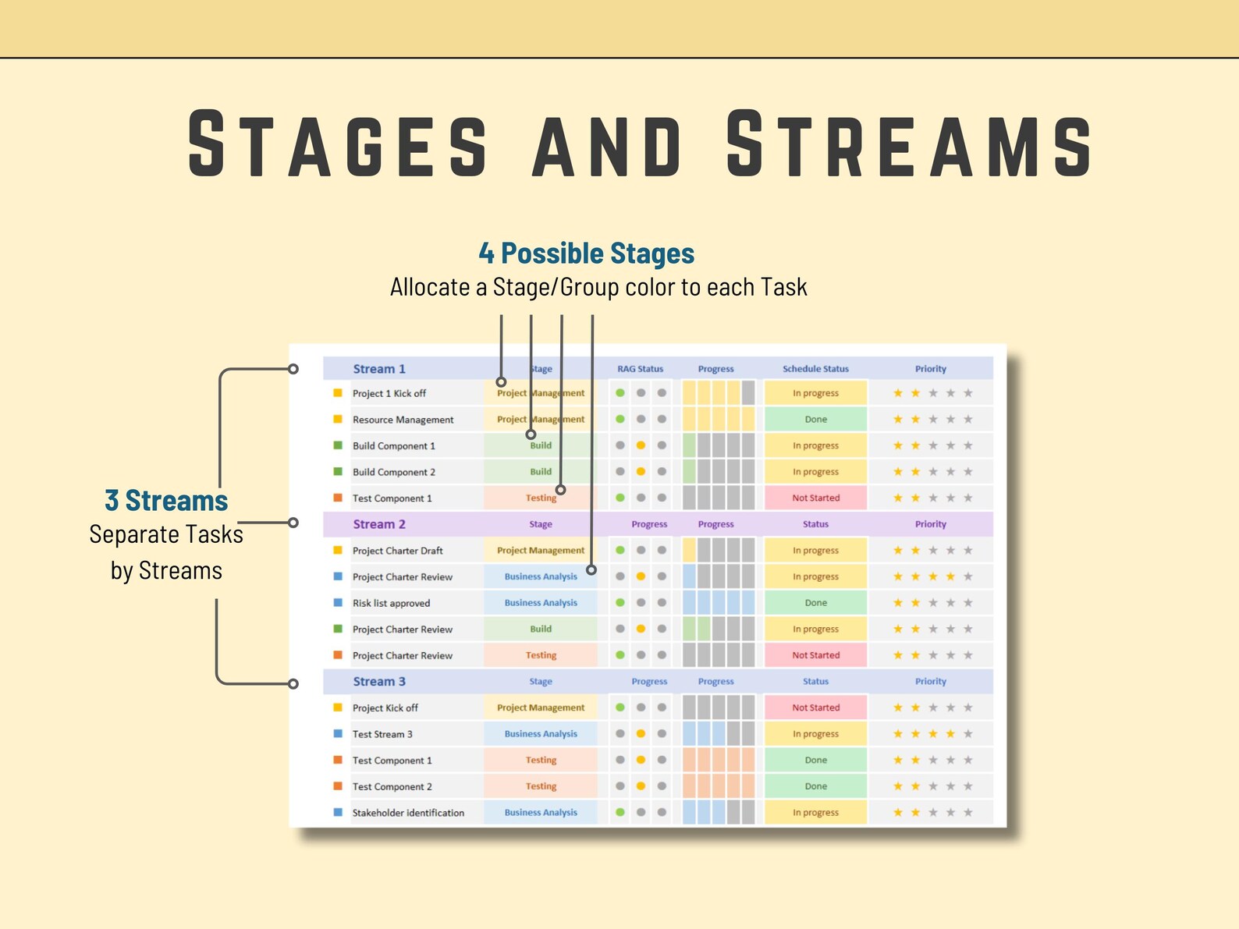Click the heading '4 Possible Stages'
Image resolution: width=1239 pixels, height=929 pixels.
(586, 254)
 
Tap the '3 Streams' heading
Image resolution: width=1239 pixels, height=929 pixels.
(166, 501)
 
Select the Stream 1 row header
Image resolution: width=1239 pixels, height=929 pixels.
(379, 369)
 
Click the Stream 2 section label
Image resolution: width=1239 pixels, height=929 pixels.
(379, 524)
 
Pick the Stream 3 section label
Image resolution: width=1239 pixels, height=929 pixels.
(379, 682)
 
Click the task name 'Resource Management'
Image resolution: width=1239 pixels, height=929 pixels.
(403, 420)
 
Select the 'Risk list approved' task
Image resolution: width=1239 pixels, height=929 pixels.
(391, 603)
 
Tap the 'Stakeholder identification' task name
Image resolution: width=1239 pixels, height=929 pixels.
(408, 813)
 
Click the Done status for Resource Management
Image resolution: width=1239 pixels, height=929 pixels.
(815, 420)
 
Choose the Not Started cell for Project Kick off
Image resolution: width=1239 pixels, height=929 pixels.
(815, 707)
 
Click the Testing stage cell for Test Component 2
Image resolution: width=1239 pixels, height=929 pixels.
(541, 786)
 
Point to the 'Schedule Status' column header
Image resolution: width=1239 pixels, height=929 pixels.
(815, 369)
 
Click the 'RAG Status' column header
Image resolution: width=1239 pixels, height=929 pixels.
(640, 369)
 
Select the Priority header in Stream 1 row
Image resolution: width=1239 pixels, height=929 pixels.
(930, 369)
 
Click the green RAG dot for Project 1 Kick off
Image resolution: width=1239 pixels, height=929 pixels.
(620, 393)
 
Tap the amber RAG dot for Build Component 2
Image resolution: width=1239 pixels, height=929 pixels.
(641, 472)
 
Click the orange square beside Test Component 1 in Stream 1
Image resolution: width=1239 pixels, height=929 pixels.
(338, 498)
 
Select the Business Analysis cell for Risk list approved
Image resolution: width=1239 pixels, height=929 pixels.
(541, 603)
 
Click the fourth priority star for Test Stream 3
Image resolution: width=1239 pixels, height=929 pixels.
(950, 734)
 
